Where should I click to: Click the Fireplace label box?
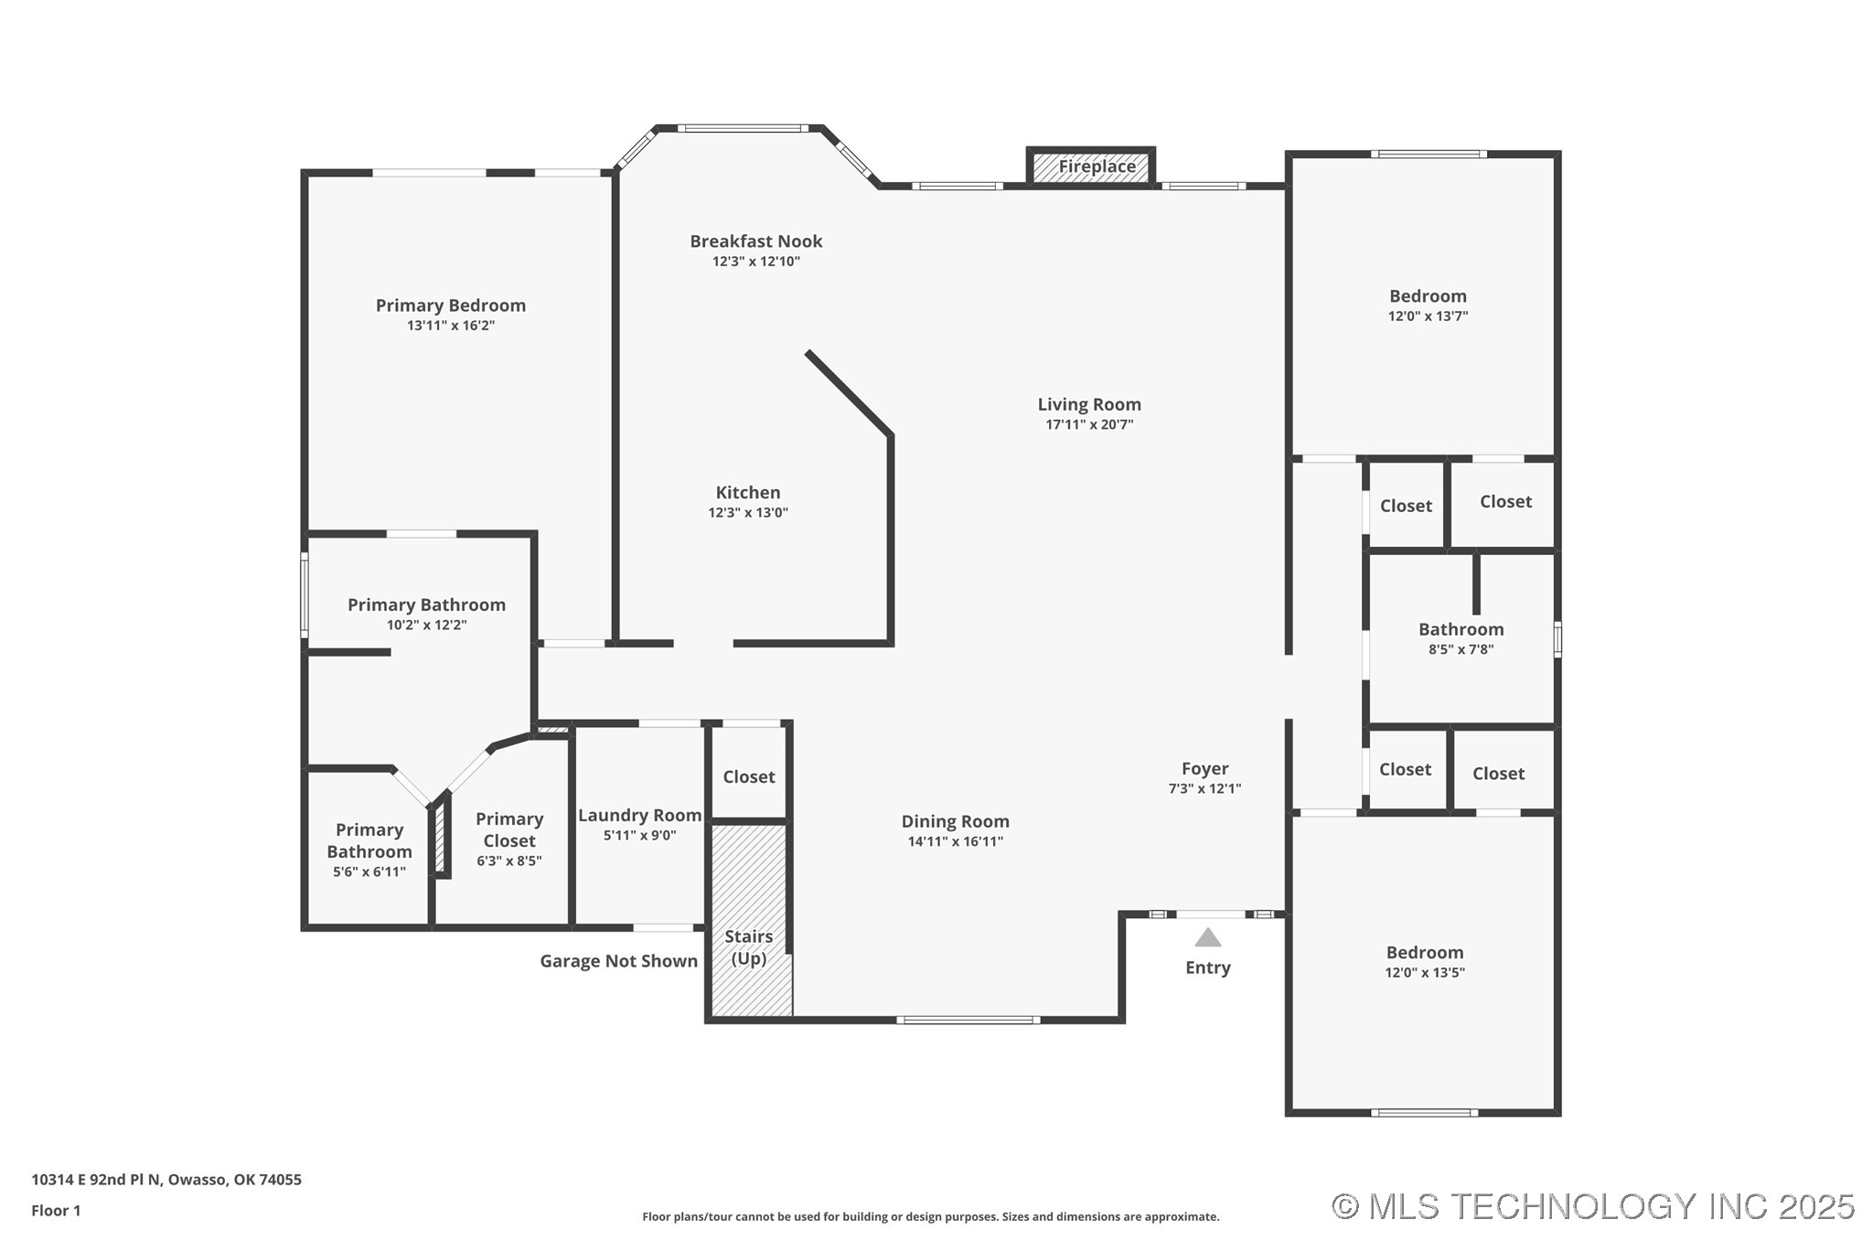(x=1090, y=167)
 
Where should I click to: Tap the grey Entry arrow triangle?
(x=1208, y=937)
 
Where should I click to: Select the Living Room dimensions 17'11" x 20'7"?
(x=1089, y=424)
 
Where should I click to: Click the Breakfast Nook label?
(x=756, y=241)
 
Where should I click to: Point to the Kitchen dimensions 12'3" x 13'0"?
(x=748, y=513)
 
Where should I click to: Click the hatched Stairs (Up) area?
(x=750, y=920)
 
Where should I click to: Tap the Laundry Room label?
(x=639, y=815)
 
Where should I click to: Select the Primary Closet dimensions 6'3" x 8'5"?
(x=509, y=861)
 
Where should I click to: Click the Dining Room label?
(x=956, y=821)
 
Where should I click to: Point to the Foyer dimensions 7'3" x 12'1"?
(x=1204, y=789)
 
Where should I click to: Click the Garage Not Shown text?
(x=619, y=961)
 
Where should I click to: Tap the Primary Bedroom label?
(x=451, y=305)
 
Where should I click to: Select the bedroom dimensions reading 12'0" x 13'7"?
(x=1428, y=316)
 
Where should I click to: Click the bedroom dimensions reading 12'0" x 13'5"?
(x=1425, y=973)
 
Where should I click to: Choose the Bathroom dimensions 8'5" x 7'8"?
(x=1461, y=650)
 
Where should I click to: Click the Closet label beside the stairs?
(x=749, y=776)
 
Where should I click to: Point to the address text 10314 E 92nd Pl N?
(x=96, y=1180)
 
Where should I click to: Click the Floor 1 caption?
(x=56, y=1211)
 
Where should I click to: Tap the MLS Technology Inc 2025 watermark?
(x=1593, y=1206)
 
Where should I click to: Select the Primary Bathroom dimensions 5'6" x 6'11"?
(x=369, y=872)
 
